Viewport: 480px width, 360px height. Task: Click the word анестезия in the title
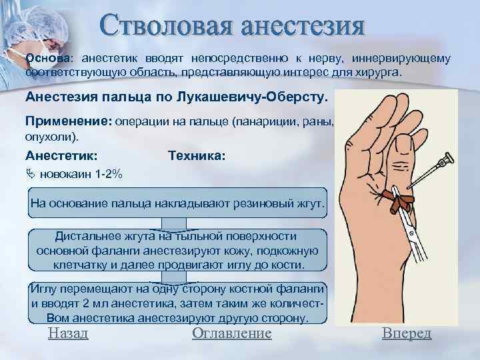coord(304,27)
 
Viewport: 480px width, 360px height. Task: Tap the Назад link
coord(68,333)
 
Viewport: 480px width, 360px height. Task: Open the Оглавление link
coord(231,333)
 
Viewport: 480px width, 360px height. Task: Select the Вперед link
coord(407,333)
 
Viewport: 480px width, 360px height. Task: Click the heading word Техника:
coord(197,155)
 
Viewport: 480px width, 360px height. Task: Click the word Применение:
coord(69,123)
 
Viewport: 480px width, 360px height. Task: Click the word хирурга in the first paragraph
coord(383,71)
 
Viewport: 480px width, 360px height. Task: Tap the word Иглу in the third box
coord(45,290)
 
